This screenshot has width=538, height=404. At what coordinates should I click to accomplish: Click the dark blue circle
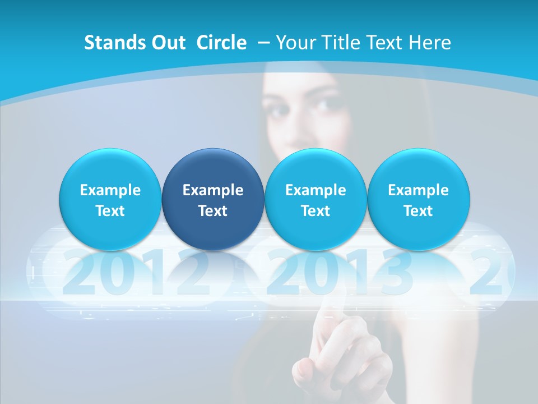(x=213, y=199)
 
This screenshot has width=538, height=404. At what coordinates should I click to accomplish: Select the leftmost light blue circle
(x=110, y=199)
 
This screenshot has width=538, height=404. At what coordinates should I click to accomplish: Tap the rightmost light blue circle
(x=419, y=199)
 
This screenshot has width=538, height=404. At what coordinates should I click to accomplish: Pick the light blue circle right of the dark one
(x=316, y=199)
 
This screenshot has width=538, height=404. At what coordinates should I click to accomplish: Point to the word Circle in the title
(x=221, y=43)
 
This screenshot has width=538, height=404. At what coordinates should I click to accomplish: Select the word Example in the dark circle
(x=213, y=190)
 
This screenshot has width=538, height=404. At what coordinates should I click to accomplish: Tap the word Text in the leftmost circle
(x=110, y=211)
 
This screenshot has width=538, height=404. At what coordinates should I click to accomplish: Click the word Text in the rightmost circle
(x=419, y=211)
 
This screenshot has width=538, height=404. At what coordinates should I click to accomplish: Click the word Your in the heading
(x=294, y=43)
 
